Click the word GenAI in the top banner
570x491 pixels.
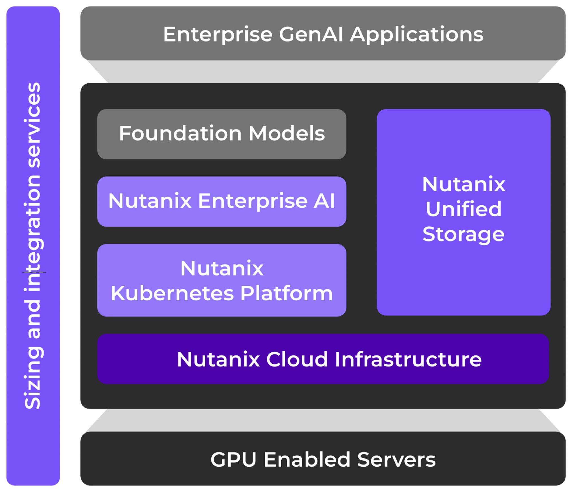coord(311,35)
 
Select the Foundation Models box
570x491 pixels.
coord(222,134)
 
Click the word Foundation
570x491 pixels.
coord(180,133)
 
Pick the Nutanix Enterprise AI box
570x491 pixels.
coord(222,201)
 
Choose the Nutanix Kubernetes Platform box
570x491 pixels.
coord(222,280)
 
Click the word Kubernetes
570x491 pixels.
coord(172,293)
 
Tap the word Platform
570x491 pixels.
coord(287,293)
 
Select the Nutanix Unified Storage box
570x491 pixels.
coord(463,212)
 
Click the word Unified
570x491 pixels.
coord(463,209)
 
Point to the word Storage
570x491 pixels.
coord(463,234)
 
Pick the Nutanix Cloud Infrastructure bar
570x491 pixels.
coord(323,359)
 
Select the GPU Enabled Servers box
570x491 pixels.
coord(323,459)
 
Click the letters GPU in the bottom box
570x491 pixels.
coord(233,460)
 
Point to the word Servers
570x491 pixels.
coord(396,460)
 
